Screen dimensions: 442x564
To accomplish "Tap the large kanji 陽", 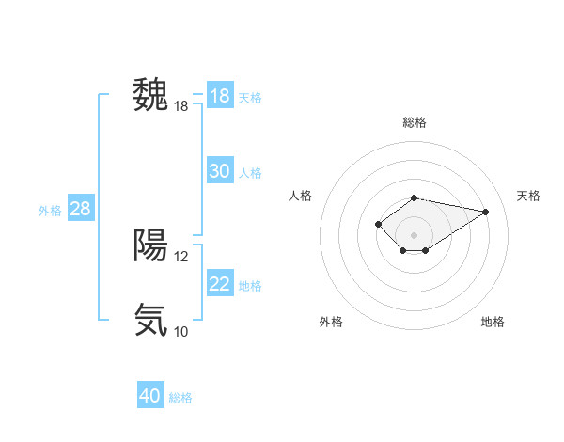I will point(150,245).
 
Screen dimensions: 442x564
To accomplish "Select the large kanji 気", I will point(150,320).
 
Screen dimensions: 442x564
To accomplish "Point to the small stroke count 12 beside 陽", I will point(181,256).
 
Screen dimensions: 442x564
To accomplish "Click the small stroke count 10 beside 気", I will point(181,331).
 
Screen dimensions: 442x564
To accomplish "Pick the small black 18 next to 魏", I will point(181,106).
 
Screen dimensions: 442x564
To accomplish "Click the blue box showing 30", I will point(219,171).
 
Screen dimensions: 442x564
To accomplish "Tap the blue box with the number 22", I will point(219,284).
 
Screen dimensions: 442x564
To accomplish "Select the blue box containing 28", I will point(80,209).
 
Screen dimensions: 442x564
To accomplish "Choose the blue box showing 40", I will point(150,396).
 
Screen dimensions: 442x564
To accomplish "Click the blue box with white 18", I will point(219,96).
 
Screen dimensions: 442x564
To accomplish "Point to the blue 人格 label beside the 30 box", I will point(250,173).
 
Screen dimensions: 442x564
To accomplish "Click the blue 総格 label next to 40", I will point(180,398).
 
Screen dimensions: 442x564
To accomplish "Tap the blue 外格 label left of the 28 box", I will point(50,211).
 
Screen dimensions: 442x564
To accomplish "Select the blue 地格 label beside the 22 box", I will point(250,286).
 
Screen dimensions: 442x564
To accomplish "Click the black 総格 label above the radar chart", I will point(414,123).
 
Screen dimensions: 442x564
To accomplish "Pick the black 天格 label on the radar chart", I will point(528,196).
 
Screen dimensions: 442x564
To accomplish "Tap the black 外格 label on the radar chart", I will point(330,322).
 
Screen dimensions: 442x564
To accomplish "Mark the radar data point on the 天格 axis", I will point(485,211).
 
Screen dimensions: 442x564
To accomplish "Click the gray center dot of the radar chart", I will point(414,234).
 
